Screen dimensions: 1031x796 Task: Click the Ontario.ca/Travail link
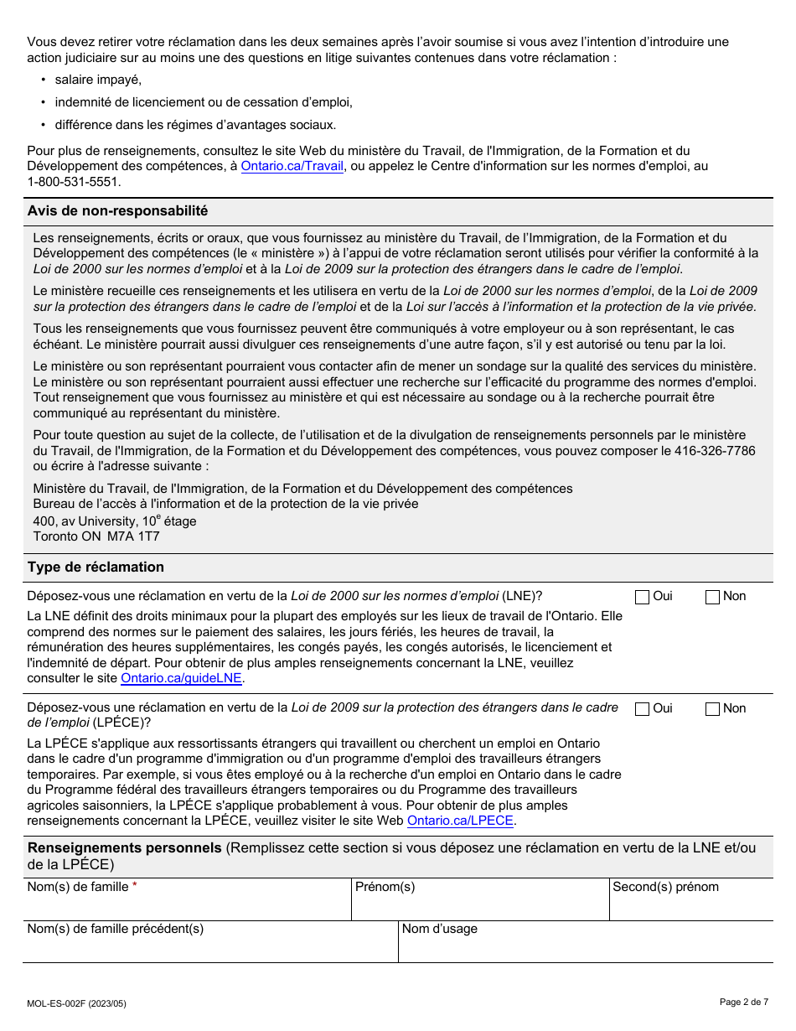tap(292, 166)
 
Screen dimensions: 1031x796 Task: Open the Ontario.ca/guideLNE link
tap(181, 678)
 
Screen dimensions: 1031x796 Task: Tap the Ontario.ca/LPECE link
tap(460, 821)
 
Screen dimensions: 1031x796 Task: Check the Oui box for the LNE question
tap(643, 597)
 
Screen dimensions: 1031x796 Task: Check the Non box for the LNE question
tap(713, 597)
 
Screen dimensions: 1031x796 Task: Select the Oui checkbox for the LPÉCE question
tap(643, 709)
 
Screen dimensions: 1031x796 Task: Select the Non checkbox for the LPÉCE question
tap(713, 709)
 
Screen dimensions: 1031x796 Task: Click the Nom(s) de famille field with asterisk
tap(186, 906)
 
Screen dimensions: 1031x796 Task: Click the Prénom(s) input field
tap(479, 906)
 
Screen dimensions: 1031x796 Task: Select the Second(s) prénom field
tap(690, 906)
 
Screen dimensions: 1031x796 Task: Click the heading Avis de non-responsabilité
tap(117, 211)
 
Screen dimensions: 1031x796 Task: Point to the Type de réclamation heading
tap(96, 567)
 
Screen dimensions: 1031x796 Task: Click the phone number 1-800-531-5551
tap(74, 181)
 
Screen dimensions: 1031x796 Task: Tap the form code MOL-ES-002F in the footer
tap(77, 1003)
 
